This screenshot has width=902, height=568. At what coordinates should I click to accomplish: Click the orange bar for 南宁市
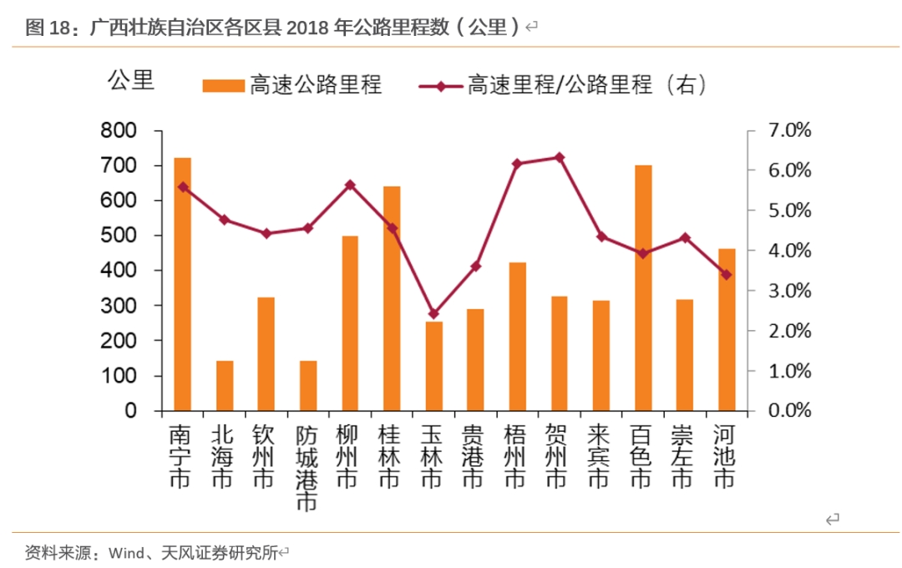(182, 284)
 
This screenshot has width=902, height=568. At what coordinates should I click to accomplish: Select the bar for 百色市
(643, 288)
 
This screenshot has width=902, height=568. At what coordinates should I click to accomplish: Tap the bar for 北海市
(225, 386)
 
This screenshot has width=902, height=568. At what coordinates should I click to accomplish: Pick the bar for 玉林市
(433, 366)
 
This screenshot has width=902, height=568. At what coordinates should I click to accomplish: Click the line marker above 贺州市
(560, 157)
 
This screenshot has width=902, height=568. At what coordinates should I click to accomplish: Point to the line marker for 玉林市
(433, 314)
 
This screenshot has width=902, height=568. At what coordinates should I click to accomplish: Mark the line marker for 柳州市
(350, 185)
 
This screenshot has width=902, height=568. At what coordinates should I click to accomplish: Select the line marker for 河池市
(727, 274)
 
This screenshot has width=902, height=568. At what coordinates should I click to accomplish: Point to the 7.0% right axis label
(789, 130)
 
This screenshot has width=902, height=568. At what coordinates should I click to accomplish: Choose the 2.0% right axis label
(789, 331)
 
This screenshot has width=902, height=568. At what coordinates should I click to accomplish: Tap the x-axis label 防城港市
(307, 468)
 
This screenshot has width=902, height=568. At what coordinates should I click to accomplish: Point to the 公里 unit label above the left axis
(131, 81)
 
